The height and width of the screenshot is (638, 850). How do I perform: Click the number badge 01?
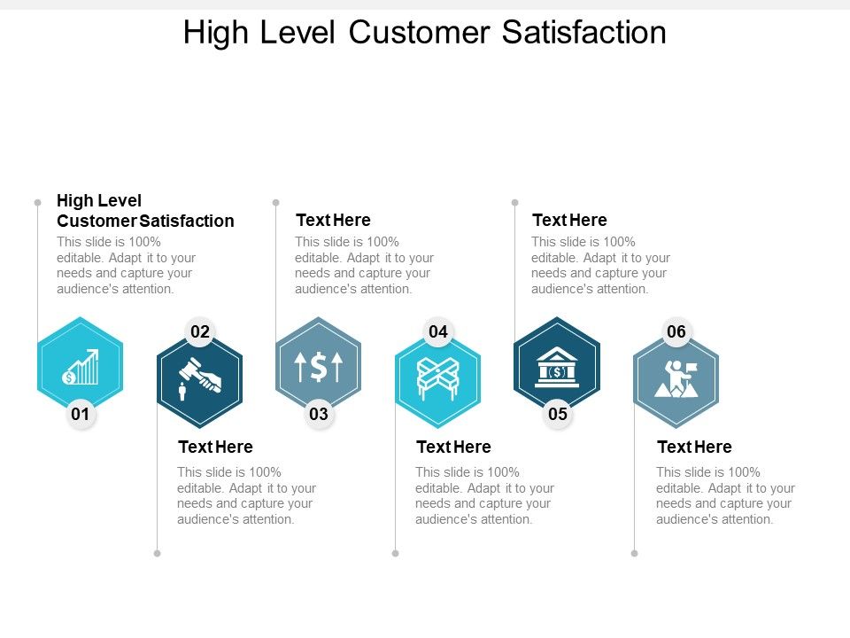(x=81, y=414)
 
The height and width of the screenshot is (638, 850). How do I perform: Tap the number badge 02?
(x=200, y=332)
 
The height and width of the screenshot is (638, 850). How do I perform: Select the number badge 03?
(x=319, y=414)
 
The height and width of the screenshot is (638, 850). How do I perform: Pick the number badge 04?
(x=438, y=332)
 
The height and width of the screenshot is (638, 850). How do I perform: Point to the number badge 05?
(x=557, y=414)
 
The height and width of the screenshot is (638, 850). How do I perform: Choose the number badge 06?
(x=676, y=332)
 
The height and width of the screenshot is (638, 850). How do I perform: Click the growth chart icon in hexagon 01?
(x=81, y=367)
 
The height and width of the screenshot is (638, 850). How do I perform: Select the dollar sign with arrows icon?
(x=319, y=367)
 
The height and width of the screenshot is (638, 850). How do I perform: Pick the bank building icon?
(x=557, y=367)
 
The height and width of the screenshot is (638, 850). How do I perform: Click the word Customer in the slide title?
(x=419, y=33)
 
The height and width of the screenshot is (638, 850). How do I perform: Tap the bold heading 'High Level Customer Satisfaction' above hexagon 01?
(x=145, y=211)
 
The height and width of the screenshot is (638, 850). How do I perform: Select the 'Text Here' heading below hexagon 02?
(x=215, y=447)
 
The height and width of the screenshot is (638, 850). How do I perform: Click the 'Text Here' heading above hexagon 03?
(x=333, y=220)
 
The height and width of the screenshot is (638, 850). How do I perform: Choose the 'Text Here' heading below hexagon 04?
(x=453, y=447)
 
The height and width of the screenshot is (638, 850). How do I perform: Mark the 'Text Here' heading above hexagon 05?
(x=569, y=220)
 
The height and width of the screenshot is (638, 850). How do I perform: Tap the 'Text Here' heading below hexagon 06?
(x=694, y=447)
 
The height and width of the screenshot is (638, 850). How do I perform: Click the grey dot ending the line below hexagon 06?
(x=635, y=553)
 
